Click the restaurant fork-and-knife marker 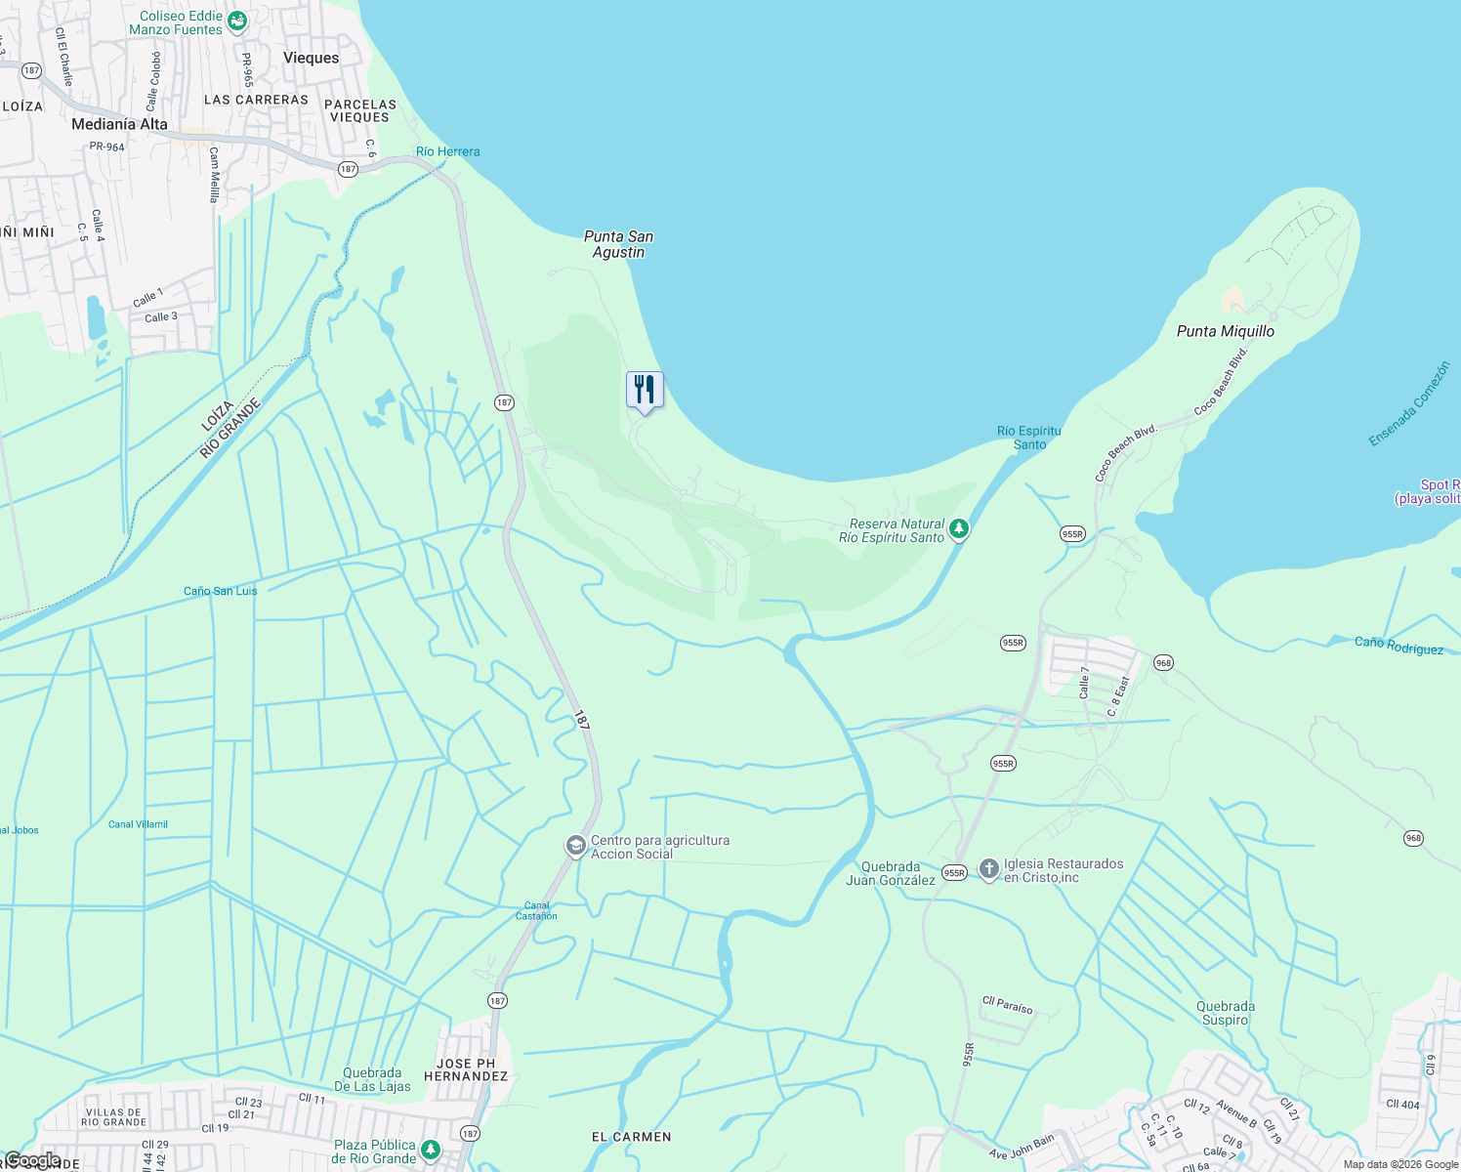coord(645,390)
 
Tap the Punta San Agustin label coord(618,244)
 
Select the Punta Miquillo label coord(1225,331)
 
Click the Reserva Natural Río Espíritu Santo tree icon coord(959,529)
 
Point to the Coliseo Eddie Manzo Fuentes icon coord(236,21)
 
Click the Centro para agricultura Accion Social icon coord(576,846)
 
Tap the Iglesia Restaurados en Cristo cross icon coord(988,869)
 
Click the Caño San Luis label coord(221,591)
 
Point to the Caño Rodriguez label coord(1398,646)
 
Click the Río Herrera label coord(447,151)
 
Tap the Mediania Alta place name coord(119,124)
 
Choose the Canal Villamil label coord(138,824)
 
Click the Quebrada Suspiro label coord(1226,1013)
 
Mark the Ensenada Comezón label coord(1408,403)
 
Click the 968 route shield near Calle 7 coord(1163,663)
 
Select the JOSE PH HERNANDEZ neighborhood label coord(466,1069)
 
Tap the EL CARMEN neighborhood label coord(631,1137)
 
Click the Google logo coord(32,1160)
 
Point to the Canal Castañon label coord(536,910)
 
